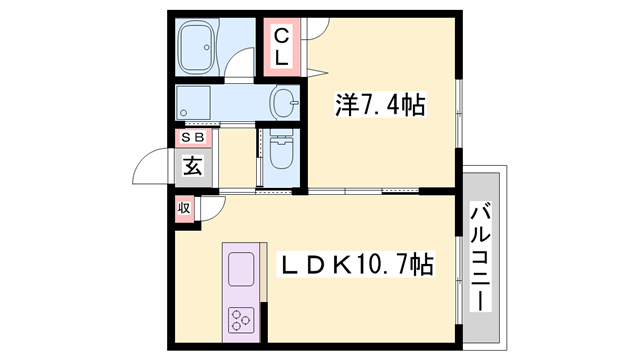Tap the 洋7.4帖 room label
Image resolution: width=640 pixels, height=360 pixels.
pyautogui.click(x=379, y=103)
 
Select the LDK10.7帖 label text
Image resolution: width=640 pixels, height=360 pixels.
pyautogui.click(x=355, y=265)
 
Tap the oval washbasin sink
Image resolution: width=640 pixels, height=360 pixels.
pyautogui.click(x=286, y=101)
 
